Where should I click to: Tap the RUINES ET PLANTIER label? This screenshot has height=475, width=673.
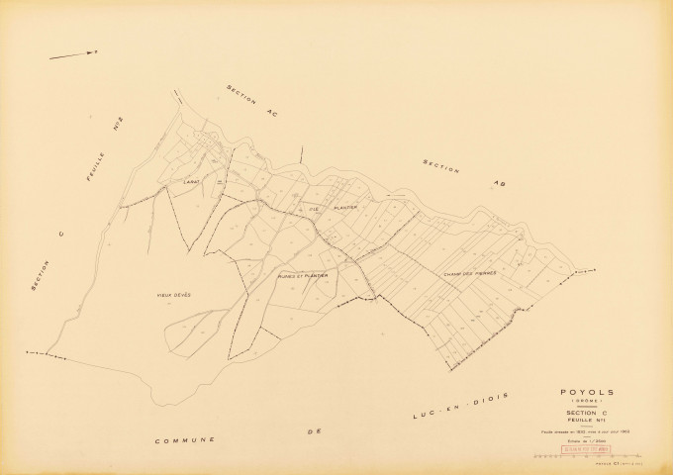point(303,277)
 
